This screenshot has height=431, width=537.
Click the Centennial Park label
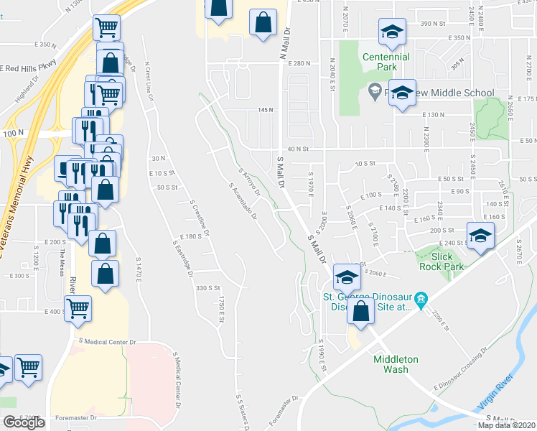[x=386, y=62]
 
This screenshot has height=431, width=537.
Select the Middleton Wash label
[x=391, y=364]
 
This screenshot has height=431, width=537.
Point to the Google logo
[x=24, y=422]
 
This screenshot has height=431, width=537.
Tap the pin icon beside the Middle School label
[x=373, y=91]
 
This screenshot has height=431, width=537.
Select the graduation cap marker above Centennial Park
[x=393, y=32]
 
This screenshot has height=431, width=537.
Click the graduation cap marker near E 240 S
[x=480, y=235]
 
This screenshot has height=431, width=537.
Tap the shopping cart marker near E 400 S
[x=78, y=308]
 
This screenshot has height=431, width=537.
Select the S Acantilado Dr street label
[x=243, y=201]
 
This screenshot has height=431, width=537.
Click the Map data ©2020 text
[x=506, y=425]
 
